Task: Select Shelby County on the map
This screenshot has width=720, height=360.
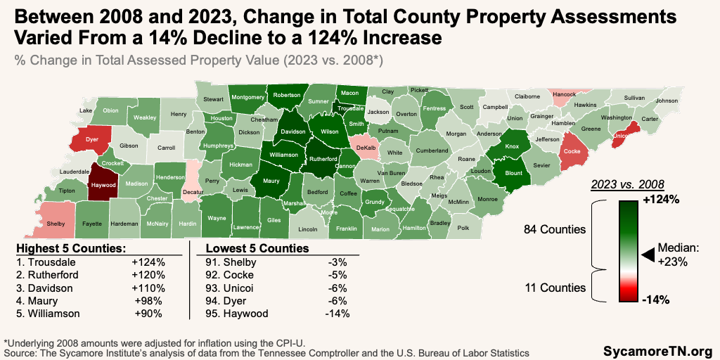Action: coord(56,224)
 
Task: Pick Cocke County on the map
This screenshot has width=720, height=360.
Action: coord(572,151)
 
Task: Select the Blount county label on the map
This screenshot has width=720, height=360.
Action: coord(514,172)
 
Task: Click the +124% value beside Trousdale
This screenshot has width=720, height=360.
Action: coord(148,262)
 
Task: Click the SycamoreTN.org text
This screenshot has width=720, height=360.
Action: coord(657,349)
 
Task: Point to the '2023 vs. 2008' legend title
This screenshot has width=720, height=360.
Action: coord(628,184)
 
